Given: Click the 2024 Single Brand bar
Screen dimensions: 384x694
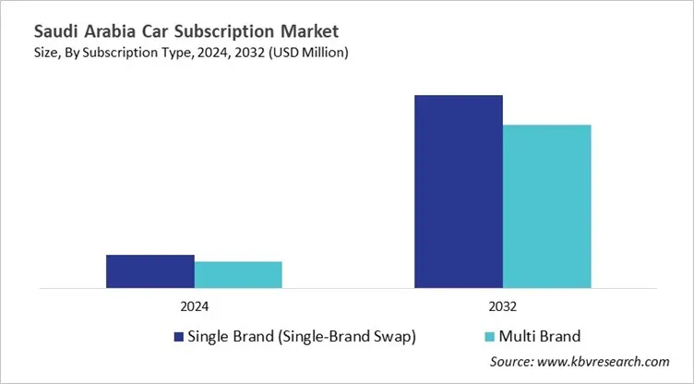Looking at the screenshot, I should [150, 271].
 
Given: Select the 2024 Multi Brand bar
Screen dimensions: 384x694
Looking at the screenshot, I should [238, 274].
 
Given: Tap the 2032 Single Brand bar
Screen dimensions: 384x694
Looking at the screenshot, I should [459, 191].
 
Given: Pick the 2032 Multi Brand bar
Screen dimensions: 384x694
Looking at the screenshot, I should [546, 206].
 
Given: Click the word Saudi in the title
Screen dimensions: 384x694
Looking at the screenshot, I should [33, 30].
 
